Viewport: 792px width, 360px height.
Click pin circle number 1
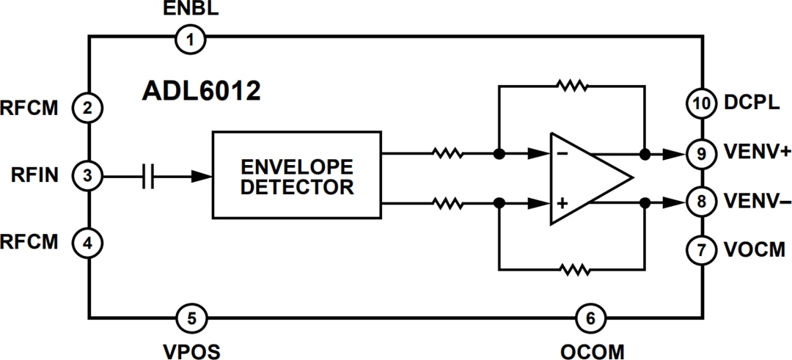coord(191,39)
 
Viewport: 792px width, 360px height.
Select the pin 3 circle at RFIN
coord(87,176)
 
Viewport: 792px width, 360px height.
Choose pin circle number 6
coord(590,318)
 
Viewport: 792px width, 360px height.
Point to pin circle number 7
coord(701,250)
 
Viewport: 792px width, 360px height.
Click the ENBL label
coord(189,10)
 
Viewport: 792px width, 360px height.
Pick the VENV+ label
coord(756,154)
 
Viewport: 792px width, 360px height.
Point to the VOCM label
coord(755,250)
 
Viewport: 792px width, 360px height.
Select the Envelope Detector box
coord(297,175)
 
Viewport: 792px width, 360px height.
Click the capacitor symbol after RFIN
coord(148,176)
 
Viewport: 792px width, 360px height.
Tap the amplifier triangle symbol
coord(587,178)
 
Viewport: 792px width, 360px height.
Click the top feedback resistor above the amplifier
coord(572,86)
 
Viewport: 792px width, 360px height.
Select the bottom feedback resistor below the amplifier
coord(572,270)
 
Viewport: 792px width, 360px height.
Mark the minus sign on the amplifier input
coord(561,155)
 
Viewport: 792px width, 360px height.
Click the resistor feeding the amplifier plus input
coord(447,202)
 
